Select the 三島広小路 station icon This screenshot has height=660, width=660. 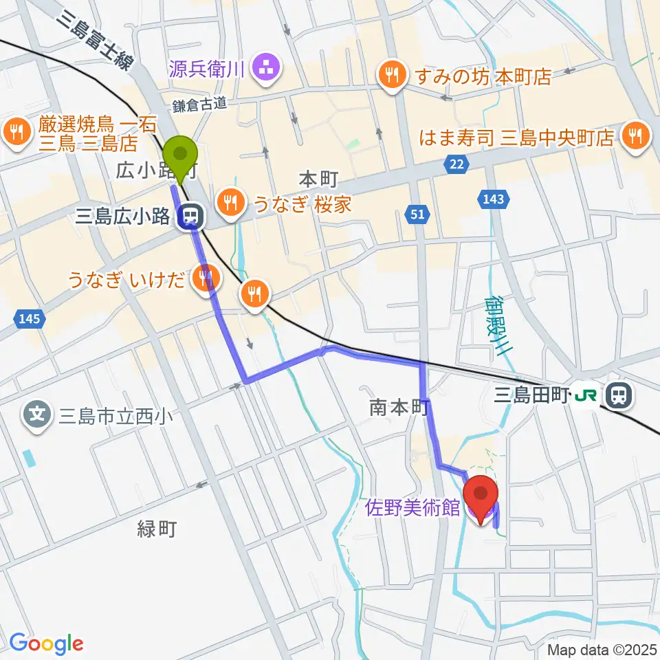(188, 218)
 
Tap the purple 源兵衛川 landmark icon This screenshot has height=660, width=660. (265, 67)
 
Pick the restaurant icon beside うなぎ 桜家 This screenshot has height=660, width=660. (228, 201)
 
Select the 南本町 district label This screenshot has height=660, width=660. (399, 408)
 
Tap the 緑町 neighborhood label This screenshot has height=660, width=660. (157, 529)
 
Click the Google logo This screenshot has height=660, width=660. (47, 644)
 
